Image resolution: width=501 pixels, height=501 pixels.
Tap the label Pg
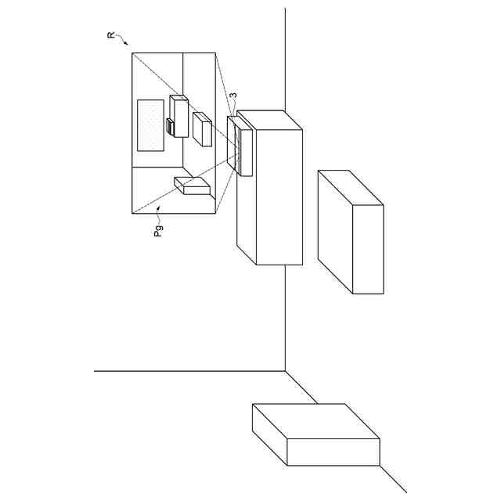[x=158, y=230]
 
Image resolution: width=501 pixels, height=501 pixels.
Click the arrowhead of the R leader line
[x=128, y=45]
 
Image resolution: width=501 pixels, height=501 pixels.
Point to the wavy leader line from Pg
[x=159, y=213]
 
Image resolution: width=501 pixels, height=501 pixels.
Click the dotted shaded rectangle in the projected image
[x=150, y=125]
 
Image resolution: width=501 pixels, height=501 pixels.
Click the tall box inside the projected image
[x=178, y=115]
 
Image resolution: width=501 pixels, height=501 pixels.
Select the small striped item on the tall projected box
[x=170, y=127]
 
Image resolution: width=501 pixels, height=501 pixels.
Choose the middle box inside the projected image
[x=202, y=128]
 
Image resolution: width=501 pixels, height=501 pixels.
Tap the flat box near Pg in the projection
[x=193, y=186]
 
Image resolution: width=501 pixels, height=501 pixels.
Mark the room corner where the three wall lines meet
[x=285, y=371]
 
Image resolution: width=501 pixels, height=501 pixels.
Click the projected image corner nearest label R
[x=132, y=53]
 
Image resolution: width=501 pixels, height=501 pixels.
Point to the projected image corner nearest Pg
[x=132, y=212]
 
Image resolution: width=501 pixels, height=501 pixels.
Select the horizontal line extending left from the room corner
[x=188, y=371]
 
